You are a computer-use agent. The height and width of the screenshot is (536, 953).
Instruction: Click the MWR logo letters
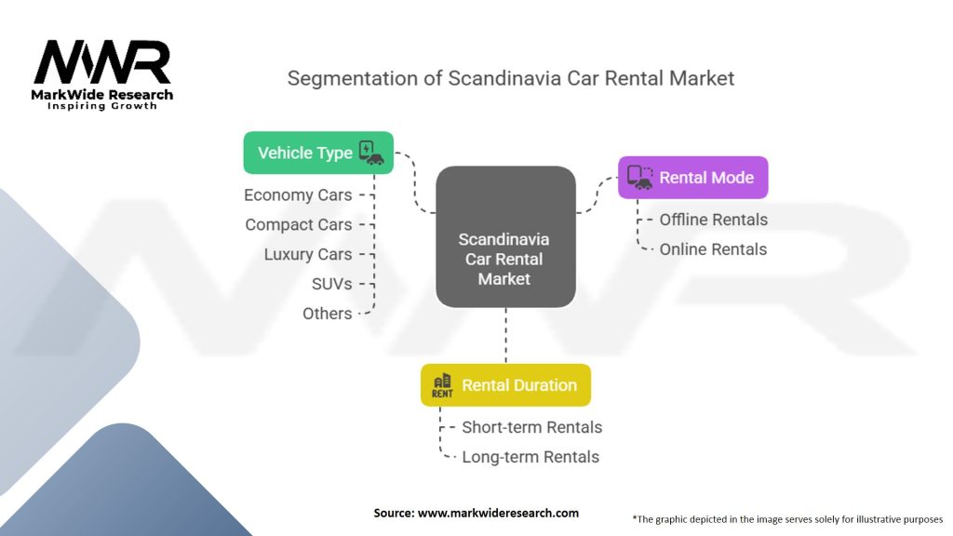[x=102, y=62]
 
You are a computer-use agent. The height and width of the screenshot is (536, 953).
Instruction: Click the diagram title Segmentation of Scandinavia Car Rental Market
[x=510, y=78]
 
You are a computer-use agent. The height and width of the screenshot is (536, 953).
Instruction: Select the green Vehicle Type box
[x=317, y=153]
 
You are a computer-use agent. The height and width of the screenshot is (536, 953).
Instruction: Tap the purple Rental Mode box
[x=693, y=177]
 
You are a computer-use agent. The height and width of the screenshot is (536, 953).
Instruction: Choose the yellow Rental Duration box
[x=505, y=385]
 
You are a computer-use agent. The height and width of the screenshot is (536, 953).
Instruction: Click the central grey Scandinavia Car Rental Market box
[x=505, y=236]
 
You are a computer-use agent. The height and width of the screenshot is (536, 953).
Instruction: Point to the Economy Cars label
[x=298, y=195]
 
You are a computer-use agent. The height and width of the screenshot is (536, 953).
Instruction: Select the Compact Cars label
[x=298, y=225]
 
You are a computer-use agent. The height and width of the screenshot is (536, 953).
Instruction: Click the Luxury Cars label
[x=307, y=255]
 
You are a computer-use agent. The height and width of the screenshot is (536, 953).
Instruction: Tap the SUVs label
[x=331, y=284]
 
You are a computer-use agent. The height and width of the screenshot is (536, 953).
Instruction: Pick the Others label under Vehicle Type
[x=327, y=314]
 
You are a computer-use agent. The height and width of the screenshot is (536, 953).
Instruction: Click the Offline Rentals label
[x=713, y=220]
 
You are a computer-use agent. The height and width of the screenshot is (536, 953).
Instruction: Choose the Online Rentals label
[x=713, y=249]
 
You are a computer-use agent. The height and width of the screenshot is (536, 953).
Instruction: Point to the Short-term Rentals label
[x=531, y=428]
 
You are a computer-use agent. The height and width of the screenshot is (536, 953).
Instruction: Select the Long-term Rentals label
[x=530, y=457]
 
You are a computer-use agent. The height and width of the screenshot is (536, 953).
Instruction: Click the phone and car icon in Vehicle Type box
[x=370, y=153]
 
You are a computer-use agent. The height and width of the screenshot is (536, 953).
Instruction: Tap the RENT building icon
[x=442, y=385]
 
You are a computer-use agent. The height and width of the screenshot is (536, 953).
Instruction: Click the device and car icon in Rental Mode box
[x=639, y=177]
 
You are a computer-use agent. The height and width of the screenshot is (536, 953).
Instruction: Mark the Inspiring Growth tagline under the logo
[x=102, y=106]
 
